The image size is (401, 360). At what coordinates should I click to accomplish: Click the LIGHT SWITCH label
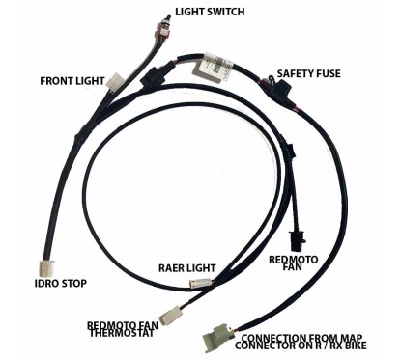coord(209,13)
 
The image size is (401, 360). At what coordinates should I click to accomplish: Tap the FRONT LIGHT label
coord(70,80)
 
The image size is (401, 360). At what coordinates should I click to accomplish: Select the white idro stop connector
coord(45,264)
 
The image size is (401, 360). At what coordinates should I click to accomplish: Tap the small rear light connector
coord(202,283)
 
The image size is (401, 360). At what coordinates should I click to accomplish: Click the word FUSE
coord(330,73)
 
